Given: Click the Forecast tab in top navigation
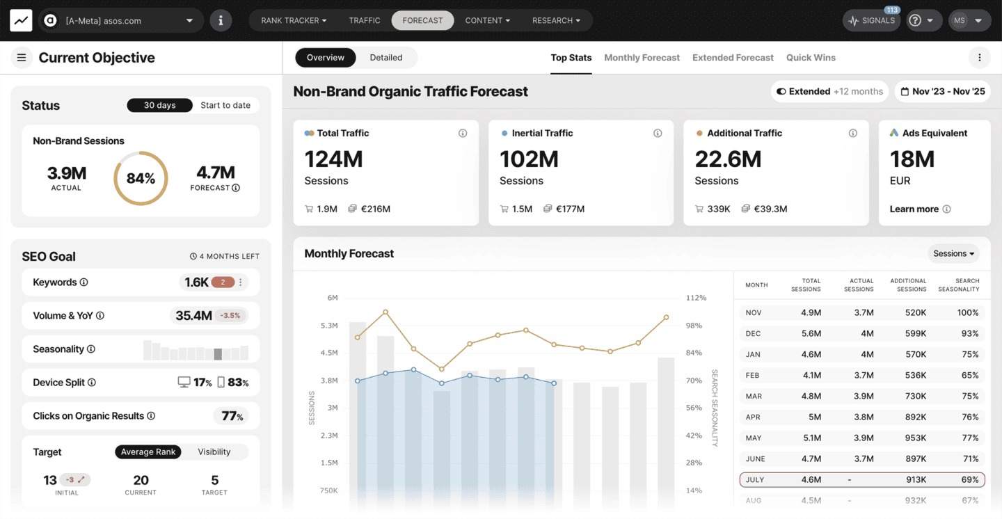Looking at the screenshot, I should coord(422,20).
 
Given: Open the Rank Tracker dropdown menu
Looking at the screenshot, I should coord(294,20).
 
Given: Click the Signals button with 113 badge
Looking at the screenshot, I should coord(871,20).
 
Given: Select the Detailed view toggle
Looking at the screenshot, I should coord(385,58).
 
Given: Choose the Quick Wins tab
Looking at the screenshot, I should coord(811,58).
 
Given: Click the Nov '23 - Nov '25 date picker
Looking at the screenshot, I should coord(943,91).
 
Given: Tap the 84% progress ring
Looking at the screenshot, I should coord(141,179).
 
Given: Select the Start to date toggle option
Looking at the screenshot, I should coord(225,105).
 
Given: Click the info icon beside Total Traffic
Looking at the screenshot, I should coord(463,133).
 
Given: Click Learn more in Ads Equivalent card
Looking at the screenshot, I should coord(914,209).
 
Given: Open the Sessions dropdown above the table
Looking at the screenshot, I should coord(953,253).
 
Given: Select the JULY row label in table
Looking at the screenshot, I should coord(755,479).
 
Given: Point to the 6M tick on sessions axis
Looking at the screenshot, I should coord(332,298).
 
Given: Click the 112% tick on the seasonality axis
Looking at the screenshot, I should coord(695,298).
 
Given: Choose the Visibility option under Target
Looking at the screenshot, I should coord(214,452).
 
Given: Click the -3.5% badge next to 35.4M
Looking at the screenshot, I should coord(230,315).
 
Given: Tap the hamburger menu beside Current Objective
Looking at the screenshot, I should coord(22,58).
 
